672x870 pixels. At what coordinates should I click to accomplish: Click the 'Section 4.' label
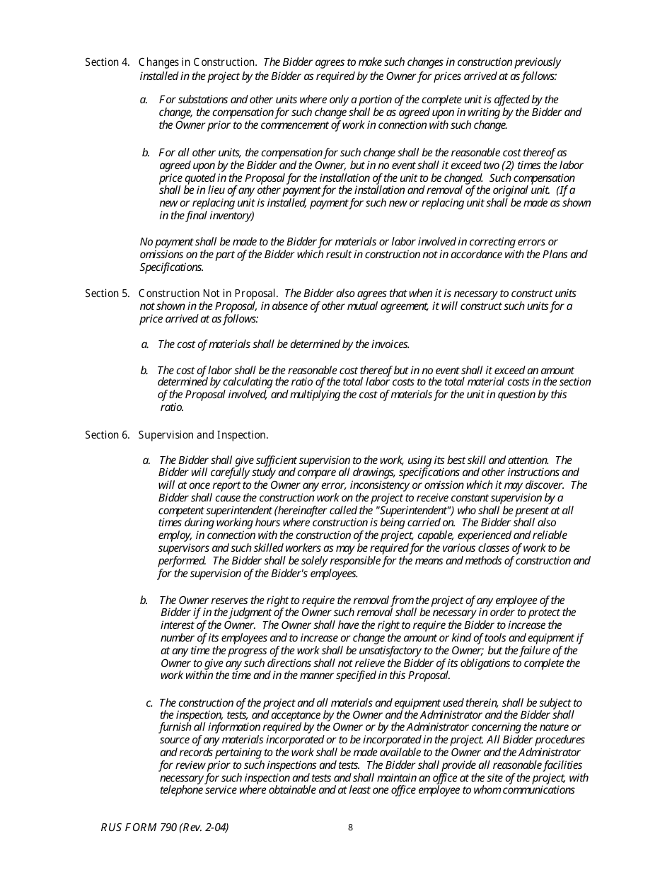pos(107,62)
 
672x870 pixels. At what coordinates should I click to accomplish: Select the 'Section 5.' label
pos(107,294)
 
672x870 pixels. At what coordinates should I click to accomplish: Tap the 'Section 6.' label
pos(107,435)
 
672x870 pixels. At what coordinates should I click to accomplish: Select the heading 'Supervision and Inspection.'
pos(204,435)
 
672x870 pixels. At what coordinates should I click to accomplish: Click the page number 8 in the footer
pos(350,828)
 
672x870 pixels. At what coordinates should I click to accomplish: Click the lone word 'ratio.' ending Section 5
pos(172,407)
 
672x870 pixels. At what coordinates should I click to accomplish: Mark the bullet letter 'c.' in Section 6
pos(150,703)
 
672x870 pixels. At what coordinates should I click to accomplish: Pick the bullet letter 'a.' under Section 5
pos(145,344)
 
